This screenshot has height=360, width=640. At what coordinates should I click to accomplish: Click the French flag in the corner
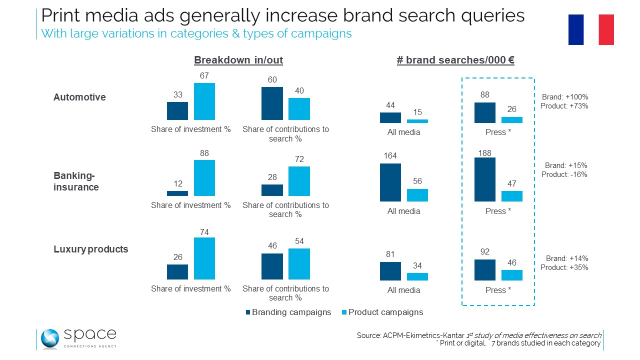(591, 29)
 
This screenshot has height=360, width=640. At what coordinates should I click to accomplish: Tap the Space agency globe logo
(50, 339)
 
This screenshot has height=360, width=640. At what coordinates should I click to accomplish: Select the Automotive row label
(79, 97)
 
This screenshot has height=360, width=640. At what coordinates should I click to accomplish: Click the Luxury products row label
(90, 249)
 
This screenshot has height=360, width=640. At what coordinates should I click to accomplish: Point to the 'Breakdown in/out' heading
(238, 60)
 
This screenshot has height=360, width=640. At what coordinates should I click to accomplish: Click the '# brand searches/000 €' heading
(455, 60)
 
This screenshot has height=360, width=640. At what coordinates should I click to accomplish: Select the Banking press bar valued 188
(484, 179)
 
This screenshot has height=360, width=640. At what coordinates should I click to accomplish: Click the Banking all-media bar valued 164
(390, 182)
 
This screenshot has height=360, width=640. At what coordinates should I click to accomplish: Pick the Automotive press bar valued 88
(484, 112)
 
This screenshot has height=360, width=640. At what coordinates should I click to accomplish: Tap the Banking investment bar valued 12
(177, 193)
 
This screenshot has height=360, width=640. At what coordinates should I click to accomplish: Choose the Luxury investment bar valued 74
(204, 258)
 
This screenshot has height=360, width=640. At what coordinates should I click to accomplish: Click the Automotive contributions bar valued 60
(272, 103)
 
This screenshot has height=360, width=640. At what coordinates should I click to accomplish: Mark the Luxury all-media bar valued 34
(417, 276)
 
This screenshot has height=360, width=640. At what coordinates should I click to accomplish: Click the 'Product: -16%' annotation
(564, 174)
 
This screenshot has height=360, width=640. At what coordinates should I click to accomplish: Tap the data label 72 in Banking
(299, 159)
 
